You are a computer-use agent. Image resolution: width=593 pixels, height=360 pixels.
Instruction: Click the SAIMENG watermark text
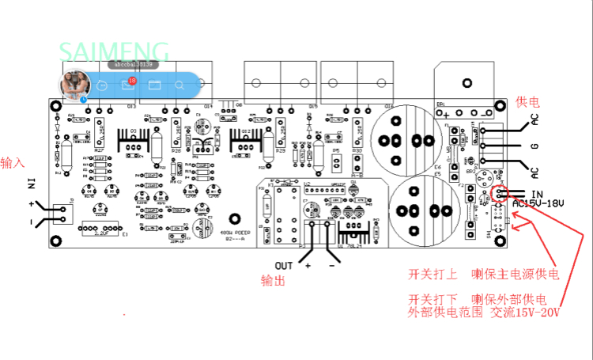pyautogui.click(x=114, y=52)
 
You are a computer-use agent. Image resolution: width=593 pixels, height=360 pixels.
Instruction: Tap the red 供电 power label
pyautogui.click(x=527, y=102)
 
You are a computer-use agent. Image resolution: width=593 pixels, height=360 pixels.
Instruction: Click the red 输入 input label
pyautogui.click(x=13, y=162)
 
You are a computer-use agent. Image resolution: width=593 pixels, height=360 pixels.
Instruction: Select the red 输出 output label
pyautogui.click(x=273, y=281)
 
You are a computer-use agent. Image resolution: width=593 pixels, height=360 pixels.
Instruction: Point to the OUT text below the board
pyautogui.click(x=284, y=264)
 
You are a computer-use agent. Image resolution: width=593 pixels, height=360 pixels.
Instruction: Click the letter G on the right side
pyautogui.click(x=534, y=146)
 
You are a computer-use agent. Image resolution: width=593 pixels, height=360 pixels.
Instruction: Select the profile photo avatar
pyautogui.click(x=74, y=84)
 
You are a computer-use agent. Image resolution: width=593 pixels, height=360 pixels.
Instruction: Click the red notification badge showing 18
pyautogui.click(x=132, y=80)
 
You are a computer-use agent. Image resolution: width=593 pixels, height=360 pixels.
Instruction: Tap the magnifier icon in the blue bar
pyautogui.click(x=179, y=85)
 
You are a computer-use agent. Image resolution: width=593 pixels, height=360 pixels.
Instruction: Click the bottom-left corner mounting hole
pyautogui.click(x=56, y=241)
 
